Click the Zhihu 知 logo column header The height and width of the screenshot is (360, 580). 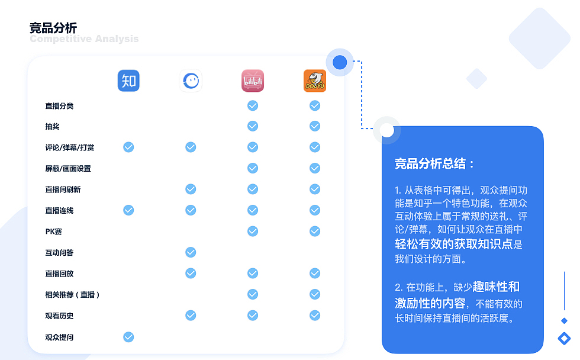click(x=128, y=81)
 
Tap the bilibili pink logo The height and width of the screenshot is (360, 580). click(x=253, y=81)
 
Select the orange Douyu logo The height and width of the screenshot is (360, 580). click(x=315, y=81)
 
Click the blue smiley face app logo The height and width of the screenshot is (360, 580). click(x=191, y=81)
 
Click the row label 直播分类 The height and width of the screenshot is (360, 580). click(x=59, y=106)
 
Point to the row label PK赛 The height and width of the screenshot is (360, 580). click(x=53, y=232)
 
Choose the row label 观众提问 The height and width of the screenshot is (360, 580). click(x=59, y=337)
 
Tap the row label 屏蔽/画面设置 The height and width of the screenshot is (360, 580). click(x=68, y=169)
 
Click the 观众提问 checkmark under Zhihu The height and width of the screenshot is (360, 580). click(x=128, y=337)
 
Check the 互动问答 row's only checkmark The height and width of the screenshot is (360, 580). click(x=191, y=253)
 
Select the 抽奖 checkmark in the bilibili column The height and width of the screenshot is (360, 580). click(x=253, y=126)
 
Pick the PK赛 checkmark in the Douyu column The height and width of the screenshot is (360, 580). click(x=315, y=231)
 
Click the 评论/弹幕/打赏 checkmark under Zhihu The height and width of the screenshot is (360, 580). click(x=128, y=147)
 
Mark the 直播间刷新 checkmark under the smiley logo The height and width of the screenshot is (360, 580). click(x=191, y=189)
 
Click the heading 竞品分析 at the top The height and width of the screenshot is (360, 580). click(x=53, y=28)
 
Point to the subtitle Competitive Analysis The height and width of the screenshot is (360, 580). click(x=84, y=39)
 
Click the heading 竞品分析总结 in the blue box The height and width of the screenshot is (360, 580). click(x=434, y=164)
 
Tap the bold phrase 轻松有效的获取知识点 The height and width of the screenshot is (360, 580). click(x=453, y=244)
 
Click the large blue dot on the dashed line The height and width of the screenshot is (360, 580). click(x=340, y=62)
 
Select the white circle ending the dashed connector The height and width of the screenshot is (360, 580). click(x=386, y=130)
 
